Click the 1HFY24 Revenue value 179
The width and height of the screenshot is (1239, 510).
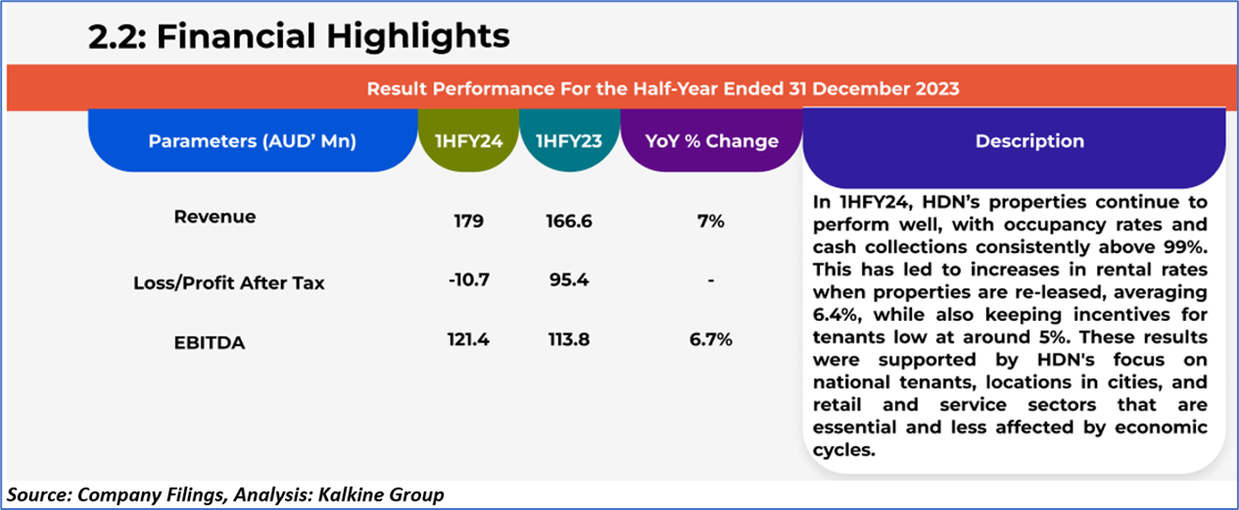(467, 222)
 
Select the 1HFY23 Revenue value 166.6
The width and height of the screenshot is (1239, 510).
(569, 222)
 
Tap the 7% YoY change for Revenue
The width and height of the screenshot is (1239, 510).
(711, 222)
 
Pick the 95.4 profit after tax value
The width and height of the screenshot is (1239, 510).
(569, 280)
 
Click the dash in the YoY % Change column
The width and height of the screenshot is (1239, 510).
(712, 280)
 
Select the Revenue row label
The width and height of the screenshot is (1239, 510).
(214, 217)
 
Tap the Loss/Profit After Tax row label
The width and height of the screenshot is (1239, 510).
(228, 282)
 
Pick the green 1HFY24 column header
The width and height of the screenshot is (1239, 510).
(467, 141)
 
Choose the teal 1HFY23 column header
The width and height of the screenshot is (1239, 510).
(569, 141)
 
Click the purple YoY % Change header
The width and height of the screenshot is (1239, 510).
(712, 141)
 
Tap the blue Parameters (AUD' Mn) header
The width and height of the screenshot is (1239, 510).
(252, 141)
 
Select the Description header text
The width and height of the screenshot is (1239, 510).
(1028, 141)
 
